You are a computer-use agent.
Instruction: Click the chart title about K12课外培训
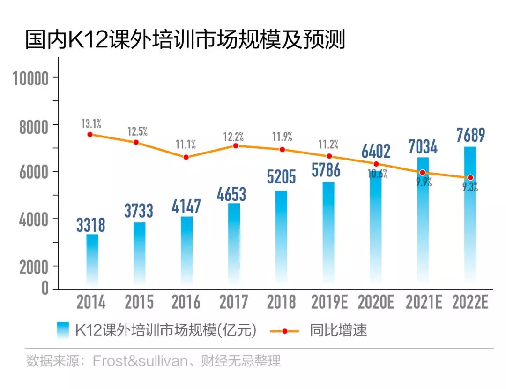tap(185, 40)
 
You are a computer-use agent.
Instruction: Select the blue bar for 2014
tap(92, 258)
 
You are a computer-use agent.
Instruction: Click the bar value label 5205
tap(282, 177)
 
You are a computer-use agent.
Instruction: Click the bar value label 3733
tap(139, 211)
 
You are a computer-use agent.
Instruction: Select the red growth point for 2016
tap(186, 157)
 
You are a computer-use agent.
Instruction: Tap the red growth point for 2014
tap(90, 135)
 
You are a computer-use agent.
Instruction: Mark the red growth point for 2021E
tap(423, 173)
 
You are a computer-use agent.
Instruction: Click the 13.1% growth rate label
tap(91, 124)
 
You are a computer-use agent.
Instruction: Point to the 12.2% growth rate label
tap(233, 137)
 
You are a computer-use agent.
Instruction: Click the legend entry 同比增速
tap(338, 330)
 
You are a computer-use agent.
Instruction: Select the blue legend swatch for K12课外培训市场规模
tap(63, 330)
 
